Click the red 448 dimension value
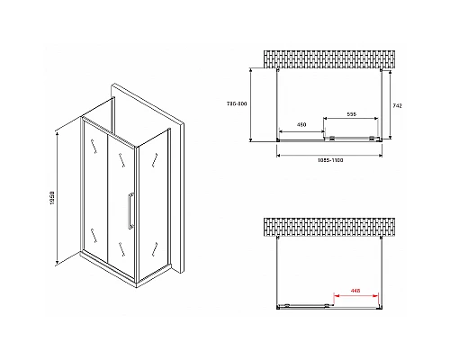tap(356, 290)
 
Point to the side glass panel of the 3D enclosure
tap(156, 201)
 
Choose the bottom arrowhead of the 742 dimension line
tap(391, 139)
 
